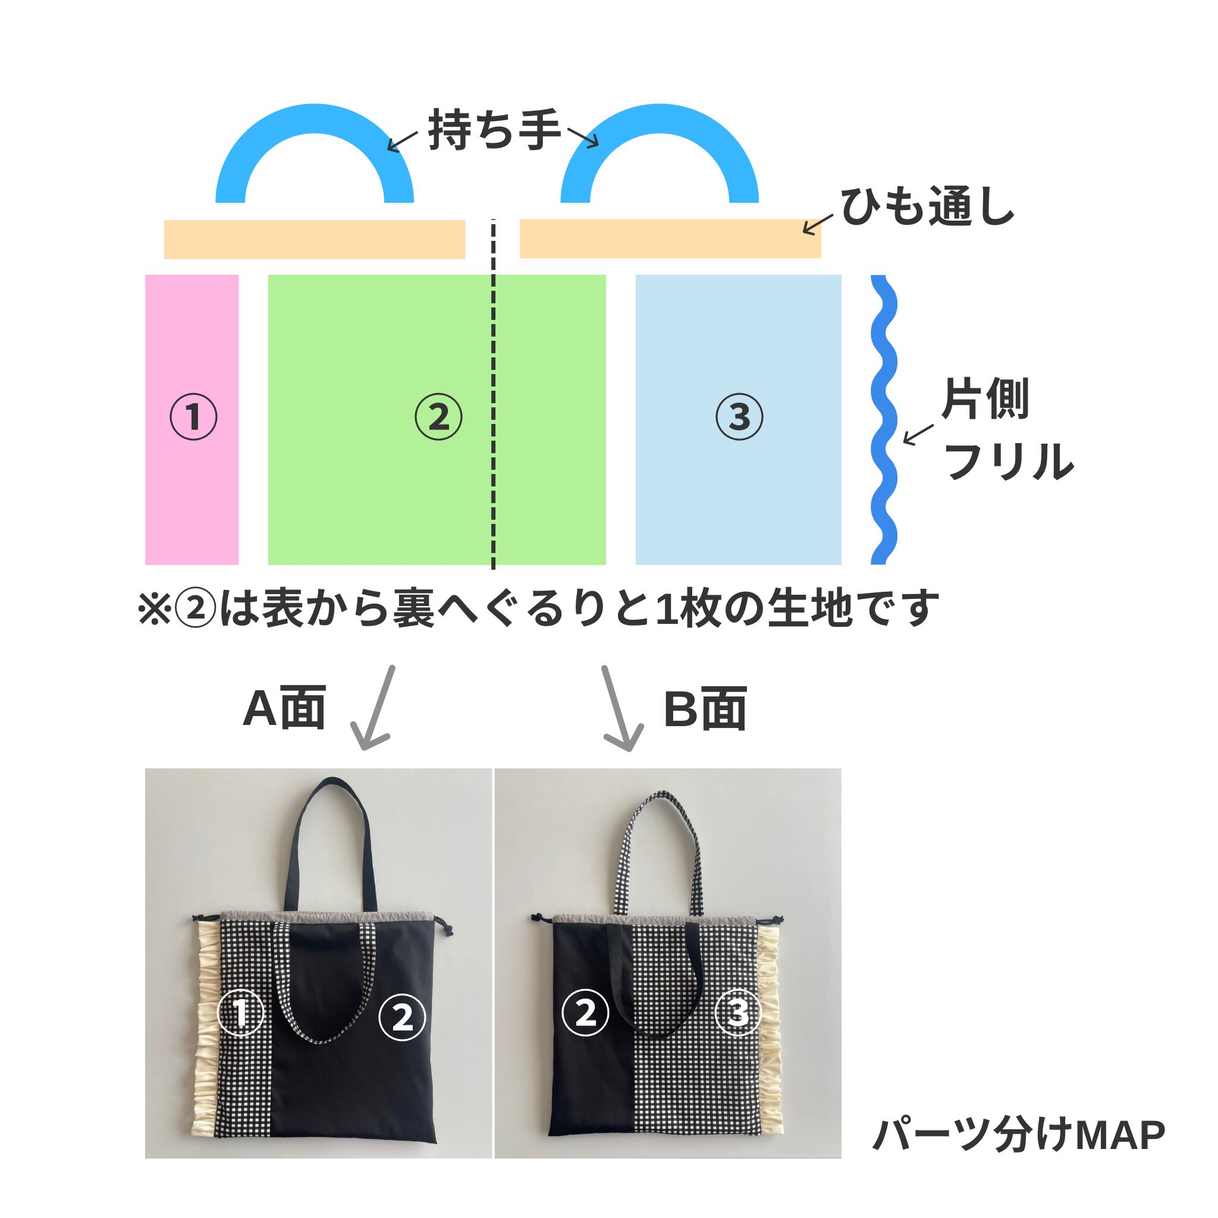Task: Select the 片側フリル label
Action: coord(1006,429)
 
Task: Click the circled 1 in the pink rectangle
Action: coord(193,417)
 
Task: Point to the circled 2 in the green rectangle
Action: coord(438,417)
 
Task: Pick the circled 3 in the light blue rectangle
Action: coord(739,417)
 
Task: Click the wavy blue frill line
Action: coord(883,419)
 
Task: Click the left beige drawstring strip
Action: coord(315,240)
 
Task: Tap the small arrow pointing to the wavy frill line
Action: coord(917,434)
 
